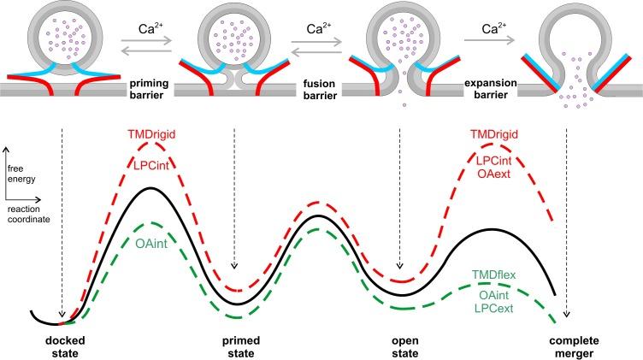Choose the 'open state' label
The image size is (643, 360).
point(402,345)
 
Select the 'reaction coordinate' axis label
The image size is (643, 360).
point(27,212)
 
